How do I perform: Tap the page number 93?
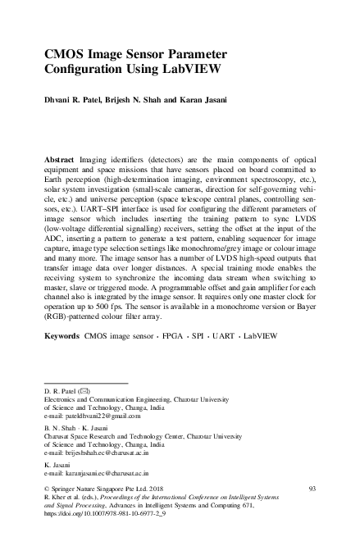[312, 488]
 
